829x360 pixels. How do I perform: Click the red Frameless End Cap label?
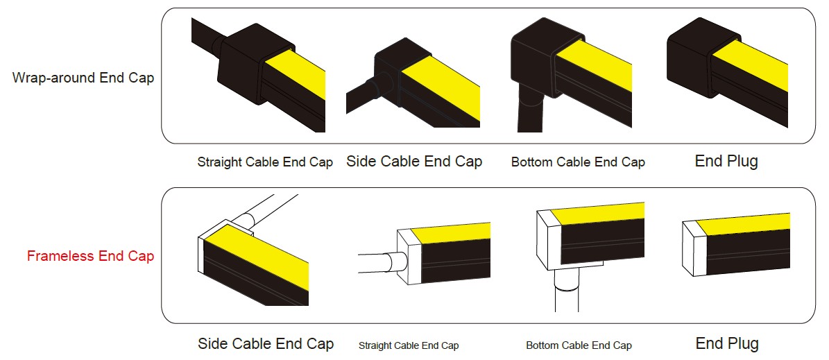90,257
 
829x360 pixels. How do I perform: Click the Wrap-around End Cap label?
83,78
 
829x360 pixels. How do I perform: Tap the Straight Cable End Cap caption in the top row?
265,162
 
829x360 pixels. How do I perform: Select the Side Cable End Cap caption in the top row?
414,161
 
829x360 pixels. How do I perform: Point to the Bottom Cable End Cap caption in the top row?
578,162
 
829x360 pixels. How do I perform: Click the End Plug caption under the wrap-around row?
726,161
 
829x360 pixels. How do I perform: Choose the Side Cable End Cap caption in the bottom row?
266,344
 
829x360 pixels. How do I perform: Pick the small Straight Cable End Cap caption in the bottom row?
409,345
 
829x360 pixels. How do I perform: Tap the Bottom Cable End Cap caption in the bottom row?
579,345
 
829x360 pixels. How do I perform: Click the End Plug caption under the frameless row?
727,343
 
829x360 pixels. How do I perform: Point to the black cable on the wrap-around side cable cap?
365,94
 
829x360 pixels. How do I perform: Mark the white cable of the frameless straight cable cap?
381,262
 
